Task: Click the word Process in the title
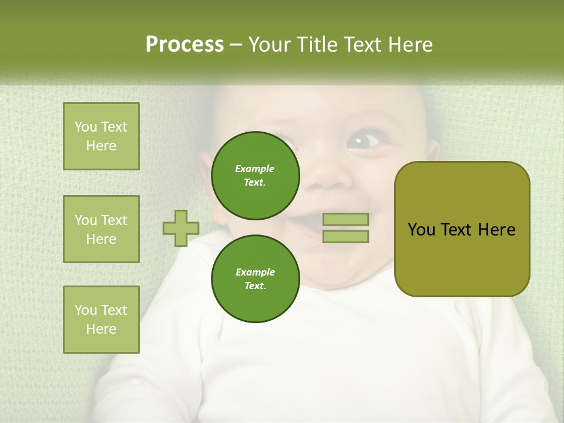184,45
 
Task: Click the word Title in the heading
314,45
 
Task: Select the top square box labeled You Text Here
101,136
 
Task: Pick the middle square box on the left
101,229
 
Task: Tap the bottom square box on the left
101,320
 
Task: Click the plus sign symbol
181,228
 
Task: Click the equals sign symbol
346,228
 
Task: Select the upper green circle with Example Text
255,175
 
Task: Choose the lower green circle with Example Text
255,278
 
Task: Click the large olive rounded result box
462,229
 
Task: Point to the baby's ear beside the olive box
432,154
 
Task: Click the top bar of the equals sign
346,220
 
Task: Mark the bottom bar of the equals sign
346,236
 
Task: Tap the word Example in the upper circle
255,169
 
